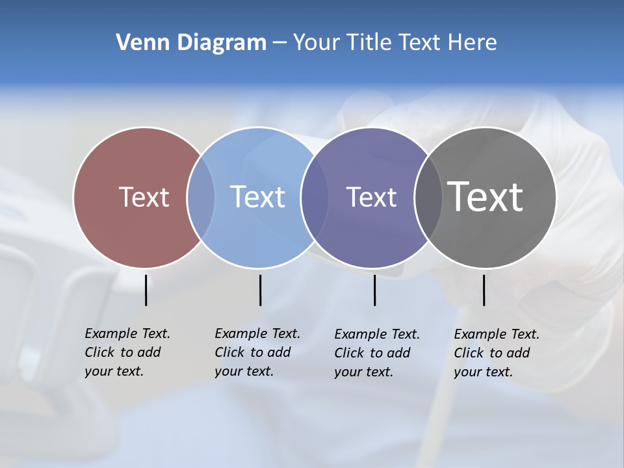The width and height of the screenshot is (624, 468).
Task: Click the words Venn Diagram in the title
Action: [191, 43]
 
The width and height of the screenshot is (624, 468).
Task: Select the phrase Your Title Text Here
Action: [395, 43]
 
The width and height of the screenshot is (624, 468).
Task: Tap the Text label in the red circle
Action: [144, 197]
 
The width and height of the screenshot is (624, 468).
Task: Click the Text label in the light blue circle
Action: [258, 197]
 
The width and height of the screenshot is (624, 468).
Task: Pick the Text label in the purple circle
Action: [371, 197]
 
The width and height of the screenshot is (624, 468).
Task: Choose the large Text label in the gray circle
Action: [486, 196]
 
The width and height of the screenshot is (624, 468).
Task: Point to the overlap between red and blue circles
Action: [201, 197]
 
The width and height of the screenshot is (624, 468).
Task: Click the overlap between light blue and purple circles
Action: [315, 197]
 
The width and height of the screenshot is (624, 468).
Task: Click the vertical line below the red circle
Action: [146, 290]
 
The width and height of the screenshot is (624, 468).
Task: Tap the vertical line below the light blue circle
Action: [260, 290]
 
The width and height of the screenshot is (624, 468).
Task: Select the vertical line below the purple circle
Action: [374, 290]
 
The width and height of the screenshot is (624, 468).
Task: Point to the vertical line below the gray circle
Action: [484, 290]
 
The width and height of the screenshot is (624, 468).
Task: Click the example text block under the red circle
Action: [127, 352]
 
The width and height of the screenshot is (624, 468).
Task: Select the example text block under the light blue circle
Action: [257, 352]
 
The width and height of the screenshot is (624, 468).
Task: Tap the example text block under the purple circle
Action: [377, 353]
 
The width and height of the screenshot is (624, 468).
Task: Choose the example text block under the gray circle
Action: [497, 353]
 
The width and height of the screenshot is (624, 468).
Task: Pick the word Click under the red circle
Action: [99, 352]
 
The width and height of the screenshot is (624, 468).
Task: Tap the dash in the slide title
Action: [279, 44]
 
